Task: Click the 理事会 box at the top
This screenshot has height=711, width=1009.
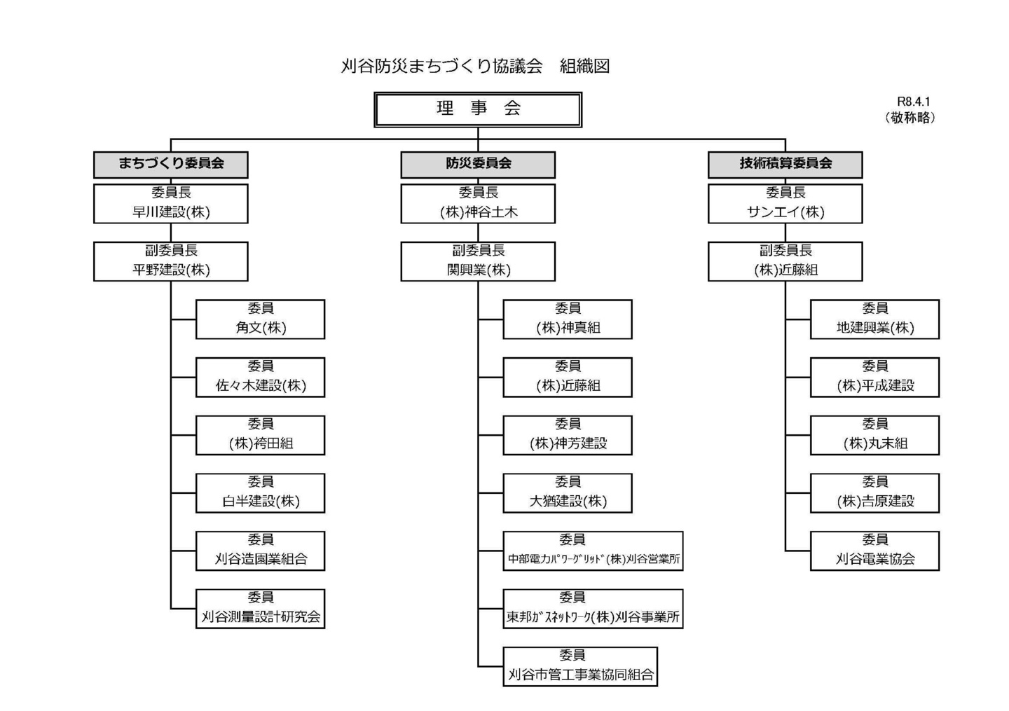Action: point(477,110)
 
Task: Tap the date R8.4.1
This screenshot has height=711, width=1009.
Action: point(913,102)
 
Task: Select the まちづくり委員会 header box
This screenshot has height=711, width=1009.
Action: point(171,165)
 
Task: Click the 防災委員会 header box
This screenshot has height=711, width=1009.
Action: point(478,165)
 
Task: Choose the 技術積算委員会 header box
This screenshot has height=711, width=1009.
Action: point(785,165)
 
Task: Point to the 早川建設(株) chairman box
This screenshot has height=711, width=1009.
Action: point(171,204)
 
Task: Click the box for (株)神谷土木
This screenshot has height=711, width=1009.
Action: point(478,204)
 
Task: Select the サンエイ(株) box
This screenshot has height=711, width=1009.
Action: point(785,204)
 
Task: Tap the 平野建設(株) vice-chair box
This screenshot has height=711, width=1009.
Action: point(171,261)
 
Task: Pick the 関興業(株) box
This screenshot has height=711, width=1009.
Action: point(478,261)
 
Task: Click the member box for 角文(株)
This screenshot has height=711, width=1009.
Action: point(261,319)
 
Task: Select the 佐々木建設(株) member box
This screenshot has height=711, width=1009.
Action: point(261,378)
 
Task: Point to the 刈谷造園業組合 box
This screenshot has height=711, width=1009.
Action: point(261,551)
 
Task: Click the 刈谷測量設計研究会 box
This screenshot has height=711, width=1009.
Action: point(261,609)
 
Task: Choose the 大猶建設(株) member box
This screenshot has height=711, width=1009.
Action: point(568,493)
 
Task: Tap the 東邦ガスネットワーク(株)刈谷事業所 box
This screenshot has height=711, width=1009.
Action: point(593,609)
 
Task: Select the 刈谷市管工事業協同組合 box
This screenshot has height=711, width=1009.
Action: point(580,667)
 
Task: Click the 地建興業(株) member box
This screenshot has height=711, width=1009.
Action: point(874,319)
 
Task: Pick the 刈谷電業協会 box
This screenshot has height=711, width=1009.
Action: point(874,551)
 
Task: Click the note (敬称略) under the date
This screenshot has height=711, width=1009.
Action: point(910,118)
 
